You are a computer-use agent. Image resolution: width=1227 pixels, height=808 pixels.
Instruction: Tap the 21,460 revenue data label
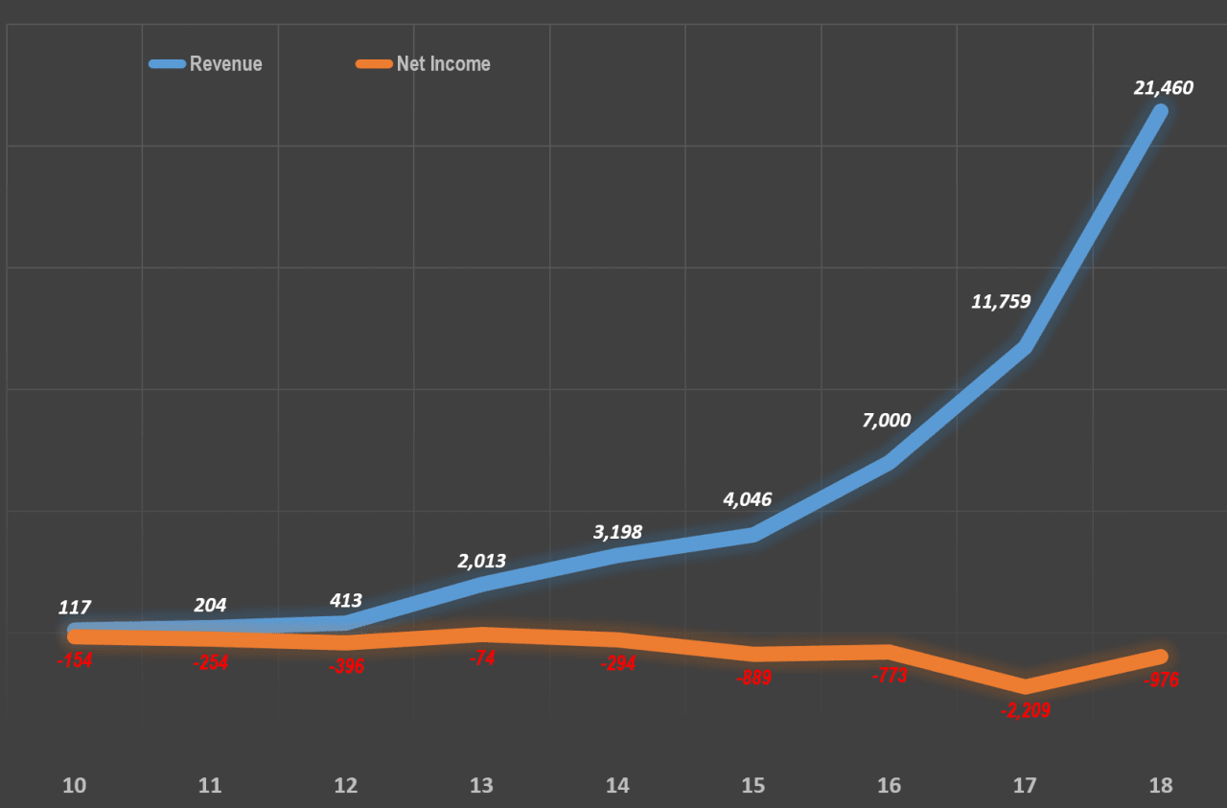coord(1163,88)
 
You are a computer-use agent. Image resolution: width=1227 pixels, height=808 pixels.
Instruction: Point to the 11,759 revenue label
coord(1001,302)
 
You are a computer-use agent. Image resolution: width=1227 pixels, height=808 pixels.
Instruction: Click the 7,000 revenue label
coord(887,420)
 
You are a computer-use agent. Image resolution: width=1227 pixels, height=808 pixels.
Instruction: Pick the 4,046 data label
coord(747,499)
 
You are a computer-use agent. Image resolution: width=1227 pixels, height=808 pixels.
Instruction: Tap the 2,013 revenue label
coord(481,562)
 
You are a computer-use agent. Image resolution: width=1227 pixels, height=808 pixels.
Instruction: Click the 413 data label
coord(346,601)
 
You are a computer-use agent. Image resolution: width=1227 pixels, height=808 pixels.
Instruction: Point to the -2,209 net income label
coord(1025,710)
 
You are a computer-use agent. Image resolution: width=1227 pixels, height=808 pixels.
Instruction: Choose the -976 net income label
coord(1161,681)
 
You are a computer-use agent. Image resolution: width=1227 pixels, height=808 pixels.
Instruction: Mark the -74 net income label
coord(482,657)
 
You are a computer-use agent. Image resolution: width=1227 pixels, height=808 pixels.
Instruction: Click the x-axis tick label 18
coord(1161,786)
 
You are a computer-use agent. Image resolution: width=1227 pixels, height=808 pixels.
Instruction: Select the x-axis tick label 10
coord(75,786)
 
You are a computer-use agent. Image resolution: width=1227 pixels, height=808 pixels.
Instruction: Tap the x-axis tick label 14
coord(617,786)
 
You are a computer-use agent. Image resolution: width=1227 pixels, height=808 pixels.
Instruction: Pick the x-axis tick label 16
coord(890,786)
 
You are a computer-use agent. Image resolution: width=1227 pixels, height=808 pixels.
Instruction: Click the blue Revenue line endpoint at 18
coord(1160,111)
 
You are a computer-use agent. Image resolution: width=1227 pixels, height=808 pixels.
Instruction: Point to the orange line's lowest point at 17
coord(1025,685)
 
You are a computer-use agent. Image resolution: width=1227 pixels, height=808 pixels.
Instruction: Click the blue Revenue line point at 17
coord(1025,347)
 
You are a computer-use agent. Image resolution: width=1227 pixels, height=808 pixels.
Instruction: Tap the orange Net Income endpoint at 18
coord(1160,657)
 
